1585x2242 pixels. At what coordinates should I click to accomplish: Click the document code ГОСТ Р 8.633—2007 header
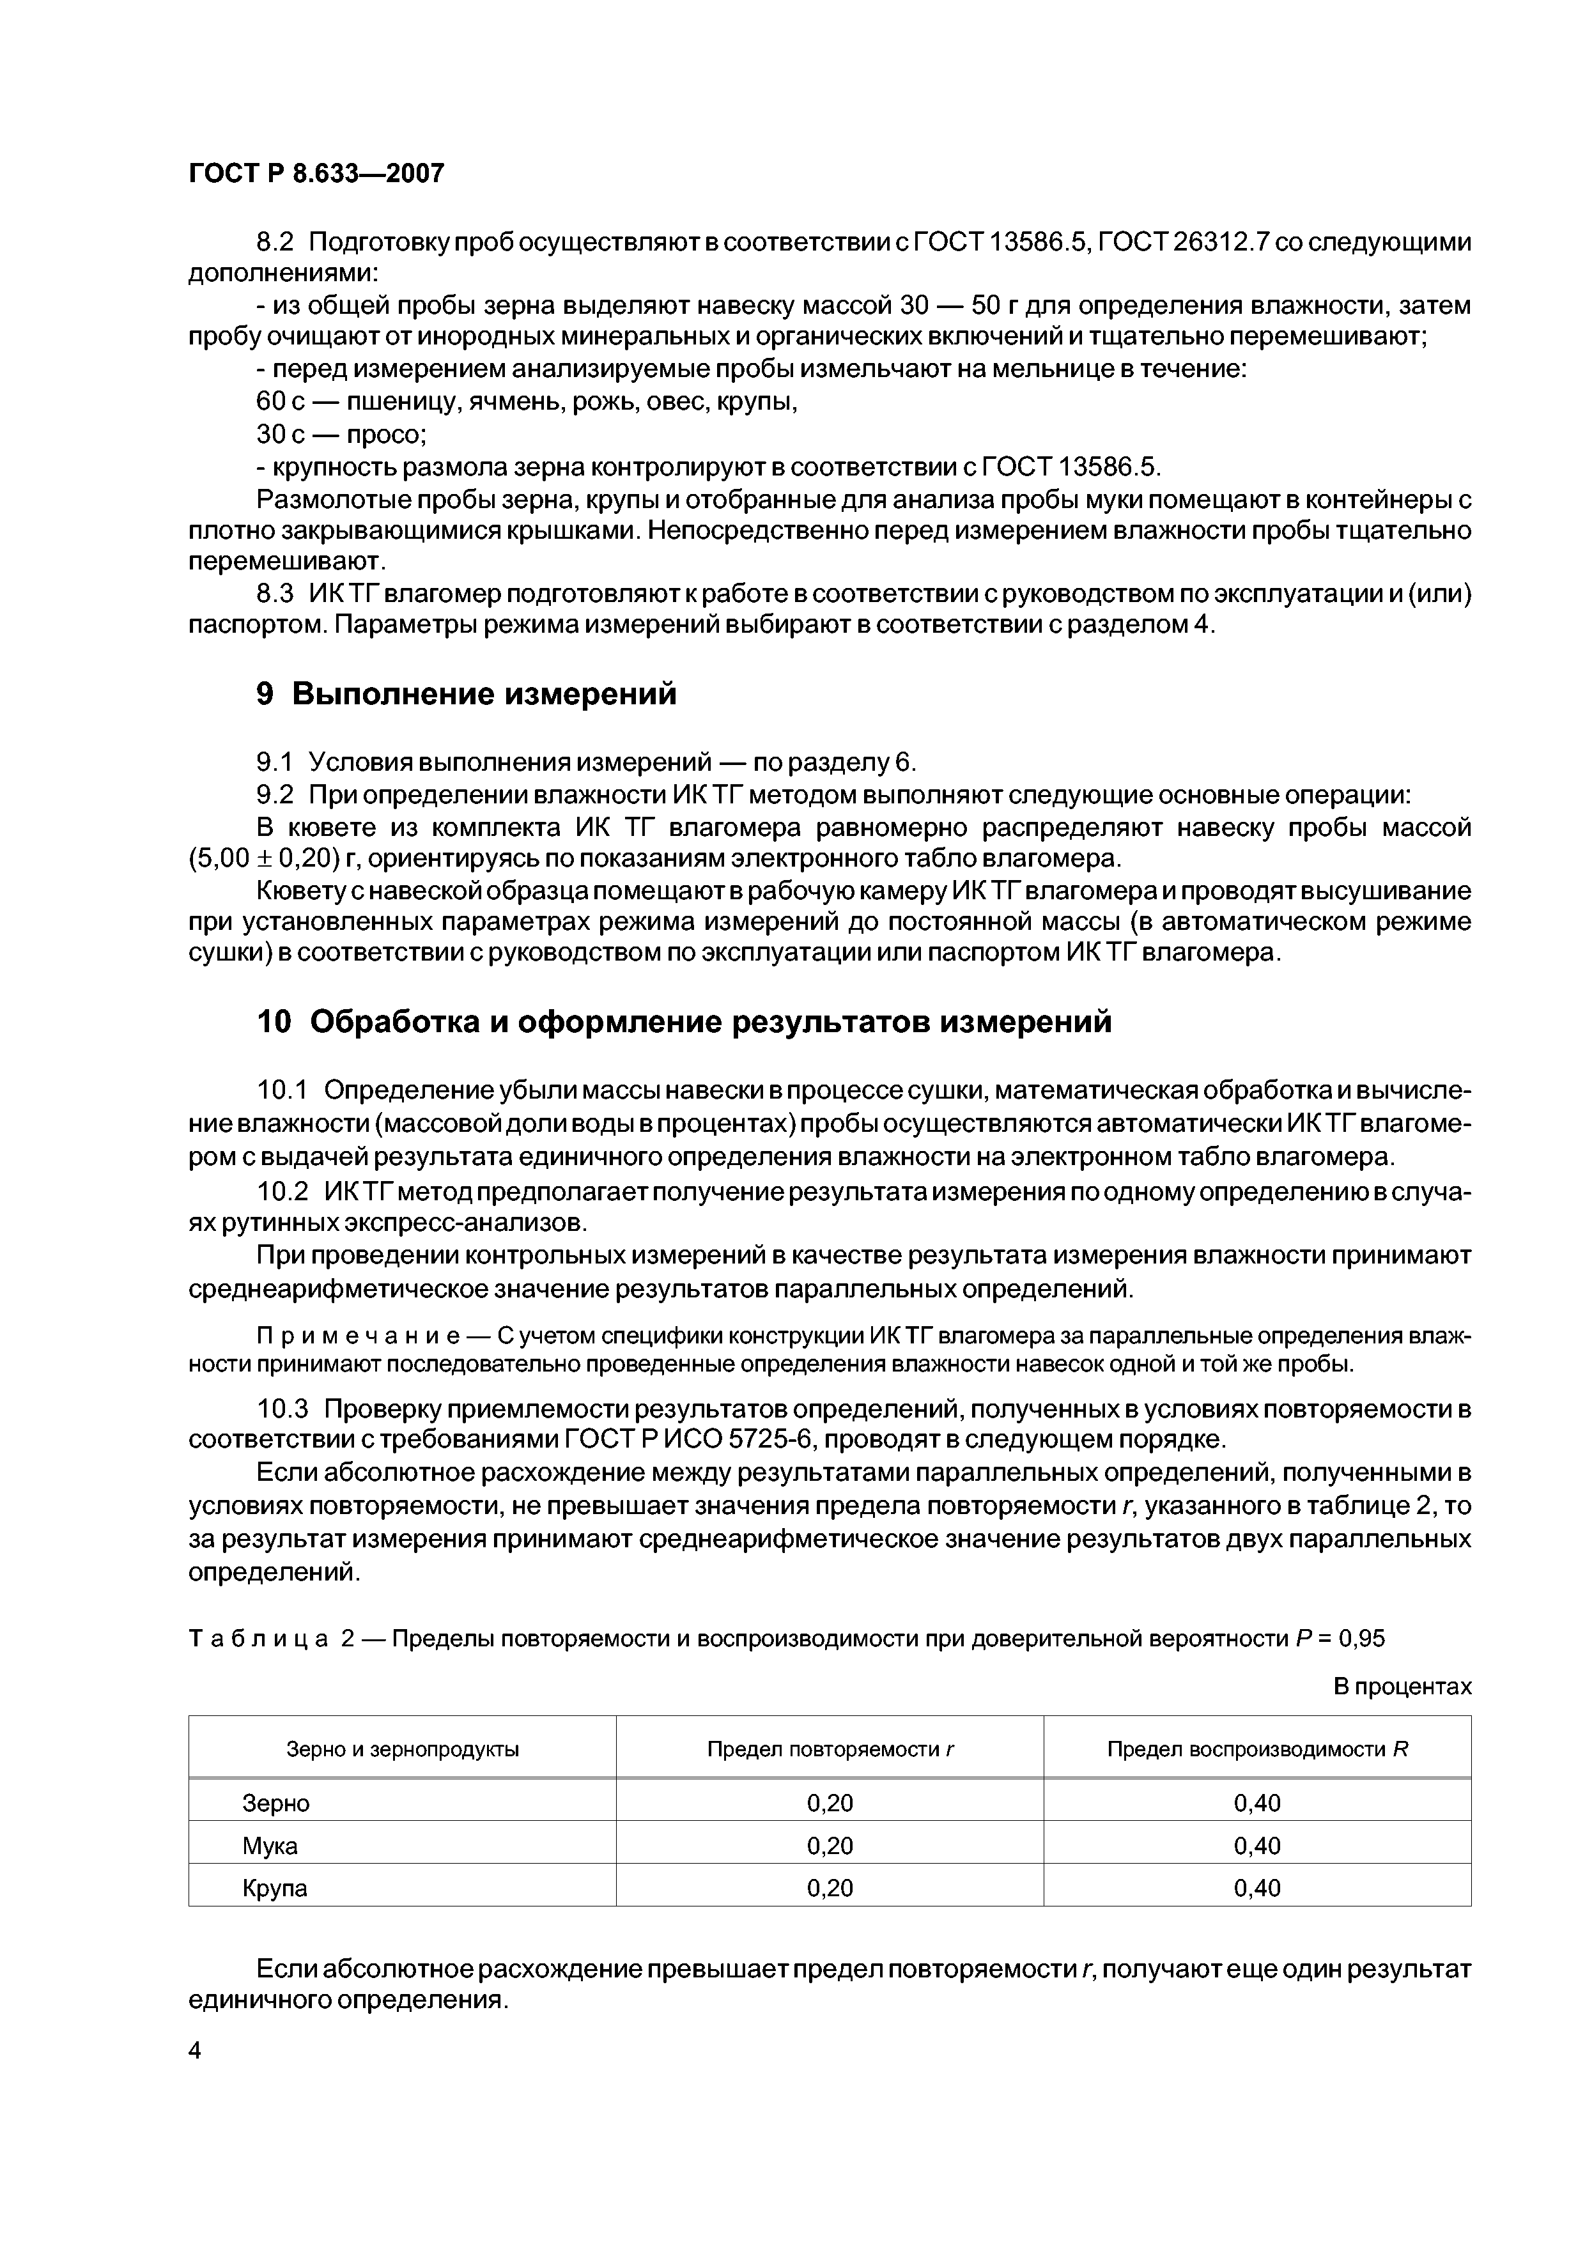tap(316, 174)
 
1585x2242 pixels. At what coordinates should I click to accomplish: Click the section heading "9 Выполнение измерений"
tap(466, 694)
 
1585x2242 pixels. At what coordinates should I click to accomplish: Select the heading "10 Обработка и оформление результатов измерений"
tap(684, 1021)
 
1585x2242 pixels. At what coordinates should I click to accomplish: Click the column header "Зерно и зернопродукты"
tap(403, 1749)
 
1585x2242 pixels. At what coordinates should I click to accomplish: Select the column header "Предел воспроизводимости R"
tap(1257, 1749)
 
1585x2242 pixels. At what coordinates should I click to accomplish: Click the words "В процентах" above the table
tap(1402, 1687)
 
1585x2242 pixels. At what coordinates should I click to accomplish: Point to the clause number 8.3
tap(275, 594)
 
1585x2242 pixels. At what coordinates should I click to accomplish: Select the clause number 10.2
tap(283, 1193)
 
